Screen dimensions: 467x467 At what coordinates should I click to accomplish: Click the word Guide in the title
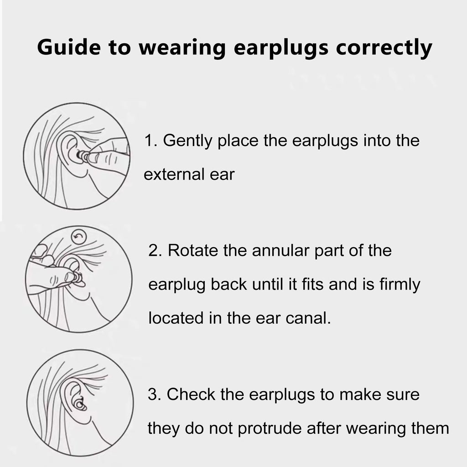[x=69, y=47]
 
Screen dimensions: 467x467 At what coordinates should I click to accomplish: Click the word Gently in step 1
[x=187, y=141]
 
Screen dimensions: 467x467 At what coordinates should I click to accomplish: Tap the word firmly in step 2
[x=400, y=285]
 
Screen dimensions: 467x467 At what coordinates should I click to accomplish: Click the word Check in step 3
[x=191, y=394]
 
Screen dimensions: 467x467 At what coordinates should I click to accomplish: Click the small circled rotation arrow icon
[x=79, y=237]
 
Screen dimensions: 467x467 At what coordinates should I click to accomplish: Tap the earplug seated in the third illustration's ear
[x=80, y=405]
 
